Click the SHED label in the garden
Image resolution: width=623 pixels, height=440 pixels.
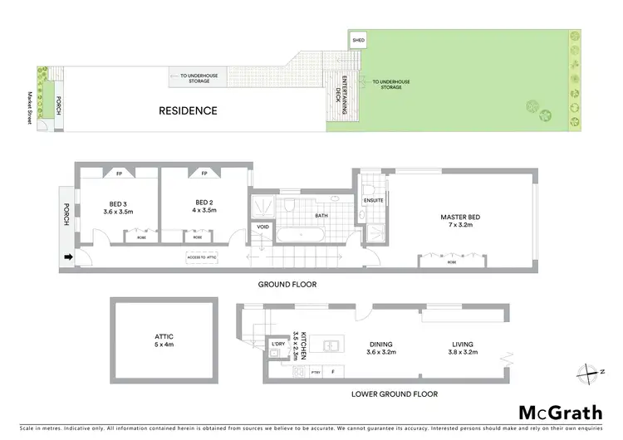tap(359, 40)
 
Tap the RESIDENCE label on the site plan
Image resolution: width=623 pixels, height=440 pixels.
tap(189, 110)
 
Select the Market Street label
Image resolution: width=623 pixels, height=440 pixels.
tap(29, 108)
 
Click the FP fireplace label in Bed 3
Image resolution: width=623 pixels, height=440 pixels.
tap(120, 174)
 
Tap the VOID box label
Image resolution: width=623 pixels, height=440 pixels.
tap(263, 227)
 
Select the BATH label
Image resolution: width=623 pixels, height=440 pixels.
tap(321, 216)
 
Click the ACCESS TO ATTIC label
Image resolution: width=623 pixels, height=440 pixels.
tap(203, 257)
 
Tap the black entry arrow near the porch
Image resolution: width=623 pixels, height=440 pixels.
tap(67, 257)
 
